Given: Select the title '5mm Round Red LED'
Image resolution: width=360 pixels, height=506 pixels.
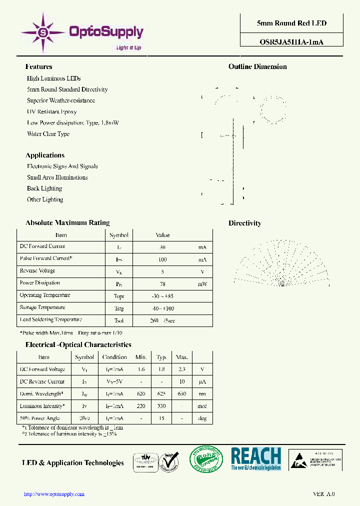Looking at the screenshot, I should pos(291,23).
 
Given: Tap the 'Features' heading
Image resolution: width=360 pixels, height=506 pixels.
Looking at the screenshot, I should pos(38,66).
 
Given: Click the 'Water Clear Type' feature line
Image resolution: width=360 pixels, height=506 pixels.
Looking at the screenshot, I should pos(48,134).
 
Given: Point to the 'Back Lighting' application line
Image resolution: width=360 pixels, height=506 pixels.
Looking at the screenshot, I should pos(44,188).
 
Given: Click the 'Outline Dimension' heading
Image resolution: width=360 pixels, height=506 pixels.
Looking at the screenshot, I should pos(257,66).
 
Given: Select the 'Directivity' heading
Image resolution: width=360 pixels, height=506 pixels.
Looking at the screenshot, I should pos(244,223).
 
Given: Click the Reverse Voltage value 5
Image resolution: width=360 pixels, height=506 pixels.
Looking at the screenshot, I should pos(162,271).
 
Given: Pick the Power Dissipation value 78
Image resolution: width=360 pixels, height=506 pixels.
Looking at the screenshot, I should pos(162,283).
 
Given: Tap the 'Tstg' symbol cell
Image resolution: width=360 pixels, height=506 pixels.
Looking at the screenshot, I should pos(118,308).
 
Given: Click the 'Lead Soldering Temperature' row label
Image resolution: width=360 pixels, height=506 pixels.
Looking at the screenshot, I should pos(50,320).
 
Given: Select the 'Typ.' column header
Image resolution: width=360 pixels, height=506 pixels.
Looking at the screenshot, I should pos(161,357).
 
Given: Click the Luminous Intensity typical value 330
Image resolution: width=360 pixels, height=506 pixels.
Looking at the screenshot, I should pos(161,406).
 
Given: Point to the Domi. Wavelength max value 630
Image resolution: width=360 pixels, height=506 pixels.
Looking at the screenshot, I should pos(181,394).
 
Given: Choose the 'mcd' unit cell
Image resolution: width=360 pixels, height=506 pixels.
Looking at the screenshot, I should pos(202,406).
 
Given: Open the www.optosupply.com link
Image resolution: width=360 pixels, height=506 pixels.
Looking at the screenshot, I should pos(54,494).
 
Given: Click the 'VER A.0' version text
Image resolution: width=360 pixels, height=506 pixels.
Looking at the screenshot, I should pos(323,494).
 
